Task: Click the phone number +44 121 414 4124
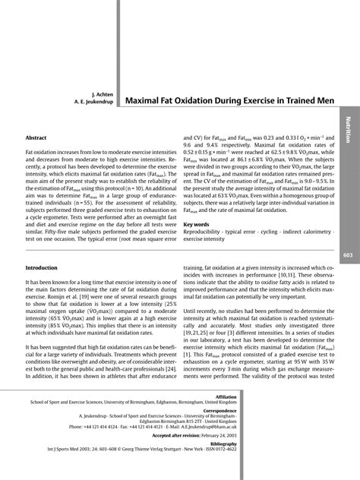[109, 430]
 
